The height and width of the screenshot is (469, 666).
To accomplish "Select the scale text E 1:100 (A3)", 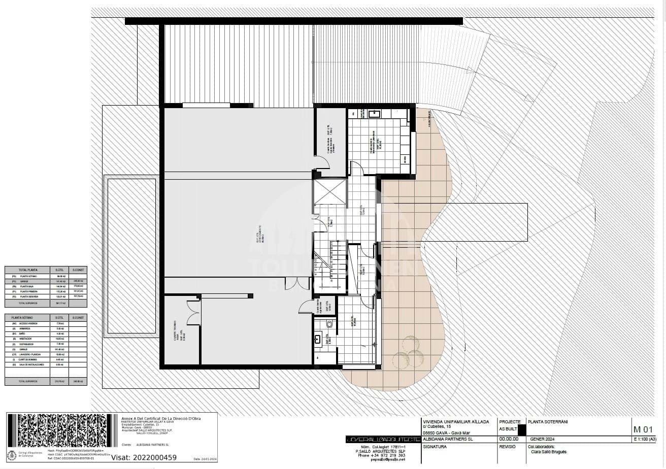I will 645,439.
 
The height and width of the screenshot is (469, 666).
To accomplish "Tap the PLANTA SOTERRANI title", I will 548,422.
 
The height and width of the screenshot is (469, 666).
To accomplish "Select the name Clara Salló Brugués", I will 549,452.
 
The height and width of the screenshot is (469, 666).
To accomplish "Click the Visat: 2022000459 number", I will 144,457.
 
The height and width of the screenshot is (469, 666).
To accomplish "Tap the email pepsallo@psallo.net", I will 374,460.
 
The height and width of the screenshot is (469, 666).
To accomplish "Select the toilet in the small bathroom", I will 329,323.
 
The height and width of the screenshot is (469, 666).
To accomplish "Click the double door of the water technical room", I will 193,313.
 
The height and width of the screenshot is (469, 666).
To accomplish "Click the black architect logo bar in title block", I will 382,439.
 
